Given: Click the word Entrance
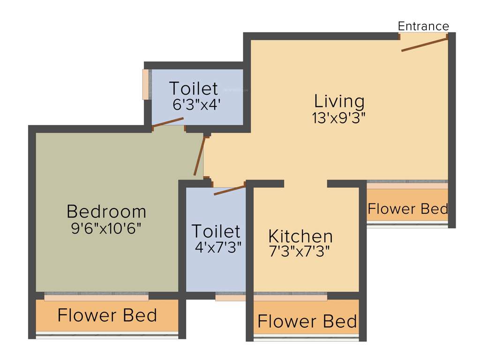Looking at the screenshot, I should coord(423,26).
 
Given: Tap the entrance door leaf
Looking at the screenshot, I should coord(425,45).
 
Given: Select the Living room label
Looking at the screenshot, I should coord(339,101).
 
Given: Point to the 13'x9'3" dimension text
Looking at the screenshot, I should coord(338,118).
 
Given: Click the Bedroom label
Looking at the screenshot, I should coord(106,211).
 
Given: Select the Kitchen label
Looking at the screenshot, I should coord(300,235).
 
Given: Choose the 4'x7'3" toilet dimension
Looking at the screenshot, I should coord(218,247).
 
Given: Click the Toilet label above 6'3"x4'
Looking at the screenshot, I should coord(193,88).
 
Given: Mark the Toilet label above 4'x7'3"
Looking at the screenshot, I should coord(216,231).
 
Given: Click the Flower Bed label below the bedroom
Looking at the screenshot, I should coord(107,315).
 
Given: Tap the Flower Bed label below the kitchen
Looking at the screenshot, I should coord(307,322).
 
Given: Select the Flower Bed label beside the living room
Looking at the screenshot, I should coord(407,209).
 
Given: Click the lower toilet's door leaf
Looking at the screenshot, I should coord(230,190).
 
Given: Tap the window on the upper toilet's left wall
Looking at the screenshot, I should coord(145,84).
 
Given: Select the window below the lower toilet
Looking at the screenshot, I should coord(230,298).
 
